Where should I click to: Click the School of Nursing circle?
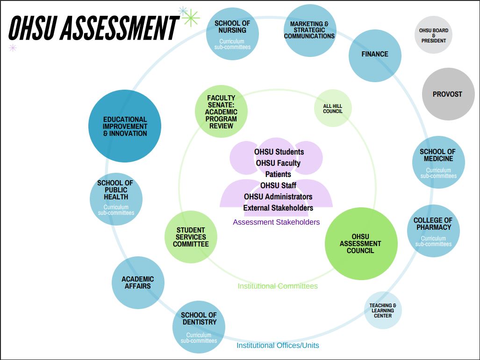click(232, 34)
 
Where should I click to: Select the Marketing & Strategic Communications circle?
click(309, 30)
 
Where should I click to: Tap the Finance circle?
click(375, 55)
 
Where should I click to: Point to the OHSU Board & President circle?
click(434, 35)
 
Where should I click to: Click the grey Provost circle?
click(448, 94)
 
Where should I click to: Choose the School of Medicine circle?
click(438, 162)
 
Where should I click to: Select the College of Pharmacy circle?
click(433, 231)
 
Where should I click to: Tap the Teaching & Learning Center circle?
click(383, 311)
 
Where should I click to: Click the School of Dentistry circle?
click(199, 327)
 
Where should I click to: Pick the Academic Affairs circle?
click(138, 282)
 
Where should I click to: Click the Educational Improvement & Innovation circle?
click(125, 126)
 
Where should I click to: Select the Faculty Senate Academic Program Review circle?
click(221, 111)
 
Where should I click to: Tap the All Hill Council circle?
click(333, 109)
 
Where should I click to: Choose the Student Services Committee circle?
click(191, 237)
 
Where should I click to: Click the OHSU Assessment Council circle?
click(360, 244)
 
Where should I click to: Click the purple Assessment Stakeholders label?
click(276, 222)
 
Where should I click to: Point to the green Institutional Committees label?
click(278, 286)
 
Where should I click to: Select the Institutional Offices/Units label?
click(278, 346)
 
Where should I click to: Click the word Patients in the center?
click(278, 174)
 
